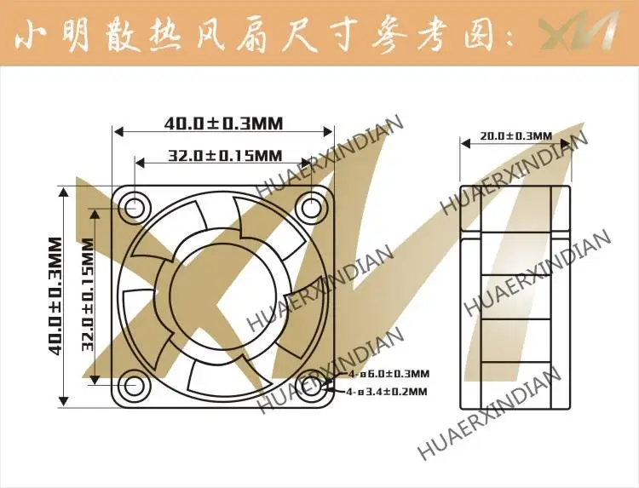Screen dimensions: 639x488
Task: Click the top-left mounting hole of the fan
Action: (x=134, y=205)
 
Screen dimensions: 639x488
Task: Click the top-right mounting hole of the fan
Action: (x=311, y=205)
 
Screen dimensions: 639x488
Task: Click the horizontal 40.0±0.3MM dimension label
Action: (x=223, y=123)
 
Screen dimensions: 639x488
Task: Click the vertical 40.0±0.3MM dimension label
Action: (x=55, y=296)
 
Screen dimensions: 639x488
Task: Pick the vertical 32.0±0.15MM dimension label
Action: (x=86, y=296)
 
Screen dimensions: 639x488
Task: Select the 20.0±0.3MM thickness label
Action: (x=515, y=135)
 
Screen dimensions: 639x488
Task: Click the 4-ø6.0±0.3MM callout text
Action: (x=389, y=374)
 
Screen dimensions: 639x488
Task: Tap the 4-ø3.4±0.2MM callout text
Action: (x=388, y=392)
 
